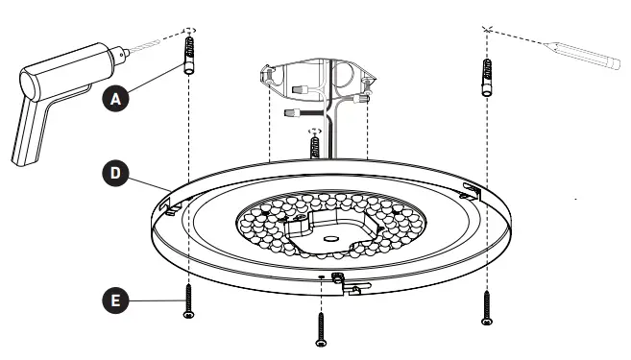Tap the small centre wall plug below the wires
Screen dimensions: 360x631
315,146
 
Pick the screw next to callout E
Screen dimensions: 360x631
188,300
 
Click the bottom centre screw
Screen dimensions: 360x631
320,325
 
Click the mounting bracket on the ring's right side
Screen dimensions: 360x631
472,190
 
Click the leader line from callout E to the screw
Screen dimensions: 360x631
154,300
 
